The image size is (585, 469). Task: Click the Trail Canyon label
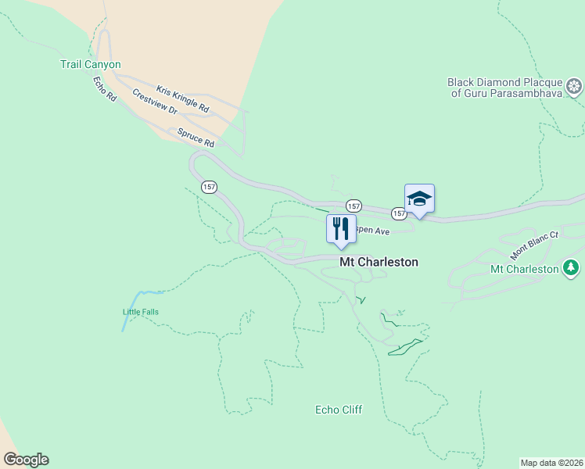pyautogui.click(x=91, y=65)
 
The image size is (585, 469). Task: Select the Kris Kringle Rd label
pyautogui.click(x=182, y=97)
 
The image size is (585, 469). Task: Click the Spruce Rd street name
pyautogui.click(x=196, y=138)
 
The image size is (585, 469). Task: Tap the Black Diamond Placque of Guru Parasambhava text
pyautogui.click(x=505, y=88)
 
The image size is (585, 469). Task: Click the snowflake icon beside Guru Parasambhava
pyautogui.click(x=575, y=86)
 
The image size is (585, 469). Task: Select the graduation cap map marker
pyautogui.click(x=419, y=199)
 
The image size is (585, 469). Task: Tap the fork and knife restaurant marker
pyautogui.click(x=340, y=229)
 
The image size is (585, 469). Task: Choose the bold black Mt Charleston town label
pyautogui.click(x=379, y=263)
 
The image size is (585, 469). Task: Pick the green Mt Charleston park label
pyautogui.click(x=524, y=270)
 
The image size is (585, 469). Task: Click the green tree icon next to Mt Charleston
pyautogui.click(x=572, y=269)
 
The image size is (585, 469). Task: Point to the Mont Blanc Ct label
pyautogui.click(x=535, y=245)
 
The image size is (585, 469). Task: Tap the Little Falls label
pyautogui.click(x=140, y=312)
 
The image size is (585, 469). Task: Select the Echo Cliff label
pyautogui.click(x=339, y=410)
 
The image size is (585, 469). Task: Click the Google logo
pyautogui.click(x=26, y=460)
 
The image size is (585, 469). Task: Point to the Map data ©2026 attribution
pyautogui.click(x=552, y=463)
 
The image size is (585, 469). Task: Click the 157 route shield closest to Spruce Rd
pyautogui.click(x=209, y=187)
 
